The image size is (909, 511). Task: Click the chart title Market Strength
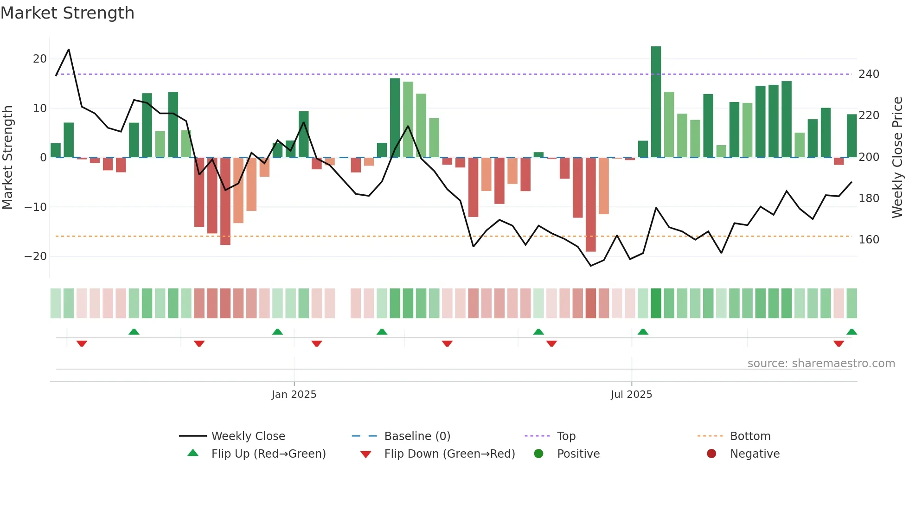coord(67,13)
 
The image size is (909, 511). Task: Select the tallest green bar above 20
coord(656,102)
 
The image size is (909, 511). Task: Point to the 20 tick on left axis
coord(40,59)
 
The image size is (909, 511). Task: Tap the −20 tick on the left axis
coord(36,256)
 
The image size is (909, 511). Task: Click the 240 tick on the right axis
coord(869,74)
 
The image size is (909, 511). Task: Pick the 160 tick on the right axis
coord(869,240)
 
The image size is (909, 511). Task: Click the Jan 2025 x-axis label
coord(294,395)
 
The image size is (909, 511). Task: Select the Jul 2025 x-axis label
coord(631,395)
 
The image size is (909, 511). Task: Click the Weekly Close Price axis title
coord(897,158)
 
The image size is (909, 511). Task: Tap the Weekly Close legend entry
coord(248,436)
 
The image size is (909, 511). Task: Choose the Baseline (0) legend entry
coord(417,436)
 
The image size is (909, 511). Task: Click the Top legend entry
coord(566,436)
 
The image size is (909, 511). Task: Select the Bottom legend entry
coord(750,436)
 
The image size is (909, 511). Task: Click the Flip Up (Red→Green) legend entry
coord(268,454)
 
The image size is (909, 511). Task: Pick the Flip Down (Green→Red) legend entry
coord(449,454)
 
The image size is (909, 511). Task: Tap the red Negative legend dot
coord(711,454)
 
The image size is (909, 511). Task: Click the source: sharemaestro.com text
coord(821,364)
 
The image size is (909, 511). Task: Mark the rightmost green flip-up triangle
coord(851,332)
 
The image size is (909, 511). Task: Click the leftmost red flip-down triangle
coord(82,344)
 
